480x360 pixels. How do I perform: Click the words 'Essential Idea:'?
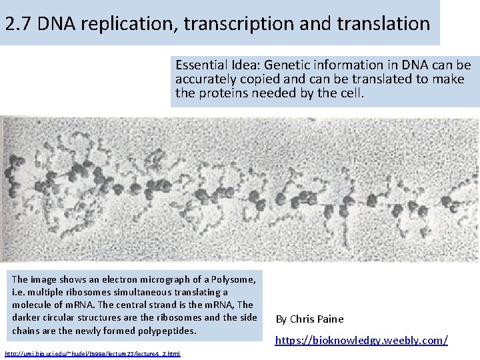(217, 65)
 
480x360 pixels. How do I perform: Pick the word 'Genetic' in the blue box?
(287, 65)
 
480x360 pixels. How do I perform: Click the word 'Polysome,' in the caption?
(235, 280)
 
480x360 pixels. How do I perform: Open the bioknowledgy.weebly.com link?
(361, 341)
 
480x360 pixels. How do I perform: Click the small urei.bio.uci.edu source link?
(92, 353)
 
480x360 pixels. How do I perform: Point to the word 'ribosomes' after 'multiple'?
(91, 293)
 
